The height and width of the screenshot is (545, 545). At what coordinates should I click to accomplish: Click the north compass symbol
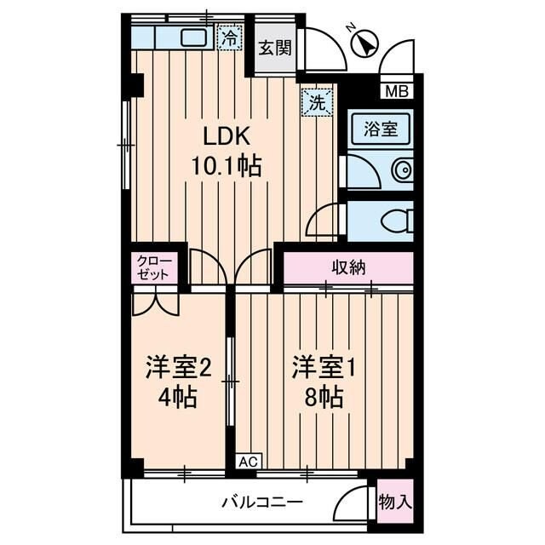tap(365, 42)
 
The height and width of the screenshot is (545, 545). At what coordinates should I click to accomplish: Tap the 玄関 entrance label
tap(275, 47)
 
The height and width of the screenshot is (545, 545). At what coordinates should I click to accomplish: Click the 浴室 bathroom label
tap(381, 130)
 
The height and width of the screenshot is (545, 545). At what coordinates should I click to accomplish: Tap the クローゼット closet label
tap(154, 268)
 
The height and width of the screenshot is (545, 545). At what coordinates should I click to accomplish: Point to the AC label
tap(247, 462)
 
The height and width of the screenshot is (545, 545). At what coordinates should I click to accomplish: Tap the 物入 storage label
tap(394, 502)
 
